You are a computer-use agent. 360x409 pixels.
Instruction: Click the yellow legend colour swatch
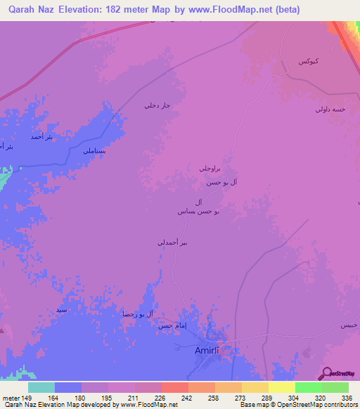[x=281, y=387]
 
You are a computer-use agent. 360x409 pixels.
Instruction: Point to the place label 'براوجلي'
[x=210, y=169]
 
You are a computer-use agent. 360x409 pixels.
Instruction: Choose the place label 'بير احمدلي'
[x=172, y=242]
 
